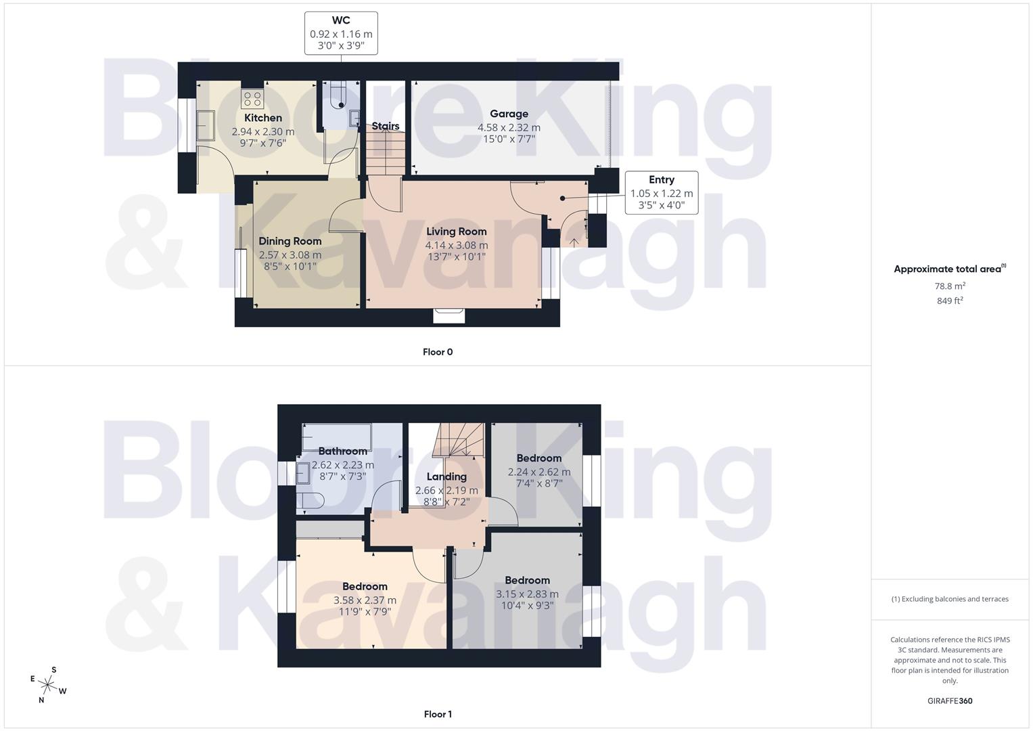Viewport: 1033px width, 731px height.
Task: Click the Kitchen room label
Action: [262, 118]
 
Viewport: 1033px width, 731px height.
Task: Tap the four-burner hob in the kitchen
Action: [252, 99]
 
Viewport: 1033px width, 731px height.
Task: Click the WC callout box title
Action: [341, 20]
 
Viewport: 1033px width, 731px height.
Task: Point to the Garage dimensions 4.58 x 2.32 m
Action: [509, 127]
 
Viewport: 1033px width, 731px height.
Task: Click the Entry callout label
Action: [661, 179]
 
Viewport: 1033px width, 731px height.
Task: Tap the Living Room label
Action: [456, 231]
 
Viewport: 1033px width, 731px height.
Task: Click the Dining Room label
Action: [290, 241]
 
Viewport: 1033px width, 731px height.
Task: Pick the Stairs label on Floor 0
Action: [385, 127]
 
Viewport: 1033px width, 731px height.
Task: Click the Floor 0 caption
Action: [437, 352]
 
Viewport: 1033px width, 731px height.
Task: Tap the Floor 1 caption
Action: [437, 714]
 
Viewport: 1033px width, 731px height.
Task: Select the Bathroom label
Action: [342, 451]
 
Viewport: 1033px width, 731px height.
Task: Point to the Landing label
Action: [446, 477]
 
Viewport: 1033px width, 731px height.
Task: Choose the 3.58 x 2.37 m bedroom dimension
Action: [365, 600]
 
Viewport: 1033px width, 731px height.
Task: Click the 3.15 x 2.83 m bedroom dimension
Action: [527, 594]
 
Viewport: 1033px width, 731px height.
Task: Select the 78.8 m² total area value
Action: [950, 286]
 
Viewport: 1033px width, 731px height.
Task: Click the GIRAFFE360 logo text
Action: [950, 701]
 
